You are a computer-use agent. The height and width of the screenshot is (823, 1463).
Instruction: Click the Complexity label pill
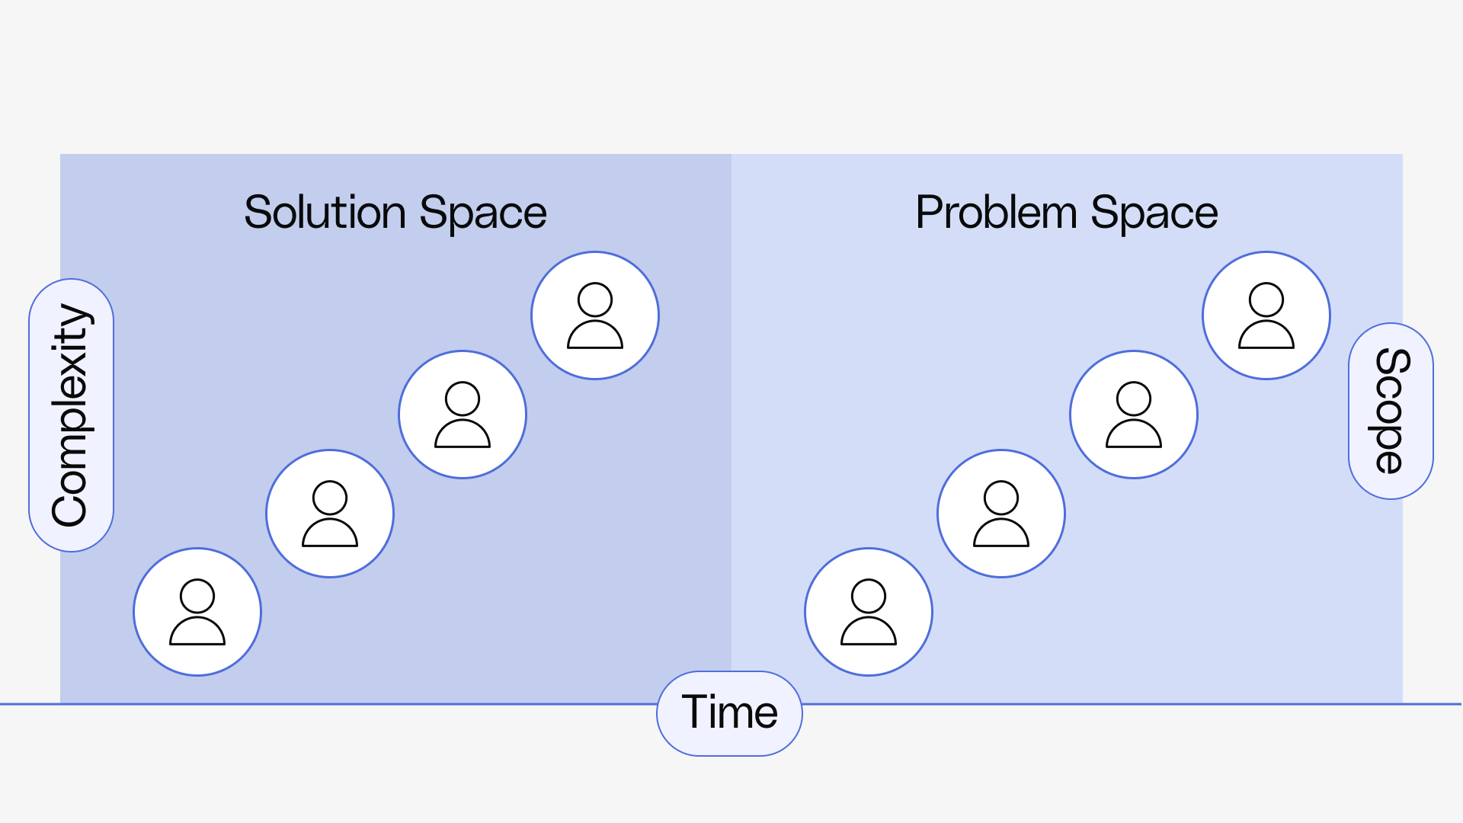pos(71,415)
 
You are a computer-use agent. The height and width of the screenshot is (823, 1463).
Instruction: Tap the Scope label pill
pos(1391,411)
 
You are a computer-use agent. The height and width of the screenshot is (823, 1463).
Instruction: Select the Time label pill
pos(729,713)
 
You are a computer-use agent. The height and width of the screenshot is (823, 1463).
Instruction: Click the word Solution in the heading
pos(325,212)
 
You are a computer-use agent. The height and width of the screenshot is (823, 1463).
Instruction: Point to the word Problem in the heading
pos(996,212)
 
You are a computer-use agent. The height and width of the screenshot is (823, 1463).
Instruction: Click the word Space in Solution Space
pos(483,213)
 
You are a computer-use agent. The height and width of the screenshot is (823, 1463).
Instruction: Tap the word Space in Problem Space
pos(1154,213)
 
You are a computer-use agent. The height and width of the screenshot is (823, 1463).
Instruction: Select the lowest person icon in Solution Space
pos(197,612)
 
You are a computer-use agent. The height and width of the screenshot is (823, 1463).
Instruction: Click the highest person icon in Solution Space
pos(595,315)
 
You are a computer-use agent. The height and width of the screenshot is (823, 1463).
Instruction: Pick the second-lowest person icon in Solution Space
pos(330,514)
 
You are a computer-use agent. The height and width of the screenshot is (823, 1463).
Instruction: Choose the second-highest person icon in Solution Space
pos(463,415)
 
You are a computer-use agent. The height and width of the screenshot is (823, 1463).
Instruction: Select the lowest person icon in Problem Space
pos(869,612)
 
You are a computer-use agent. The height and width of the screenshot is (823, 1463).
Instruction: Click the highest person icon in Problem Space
pos(1266,315)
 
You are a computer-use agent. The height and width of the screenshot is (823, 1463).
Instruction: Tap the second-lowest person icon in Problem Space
pos(1001,514)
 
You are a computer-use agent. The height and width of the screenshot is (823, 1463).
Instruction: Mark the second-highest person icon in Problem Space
pos(1134,415)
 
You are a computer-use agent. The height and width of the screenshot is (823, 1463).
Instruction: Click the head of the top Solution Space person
pos(595,299)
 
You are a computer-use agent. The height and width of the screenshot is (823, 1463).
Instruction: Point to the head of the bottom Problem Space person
pos(869,596)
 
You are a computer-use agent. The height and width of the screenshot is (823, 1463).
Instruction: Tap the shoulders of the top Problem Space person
pos(1266,335)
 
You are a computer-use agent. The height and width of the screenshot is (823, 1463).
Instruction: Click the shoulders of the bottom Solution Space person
pos(197,631)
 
